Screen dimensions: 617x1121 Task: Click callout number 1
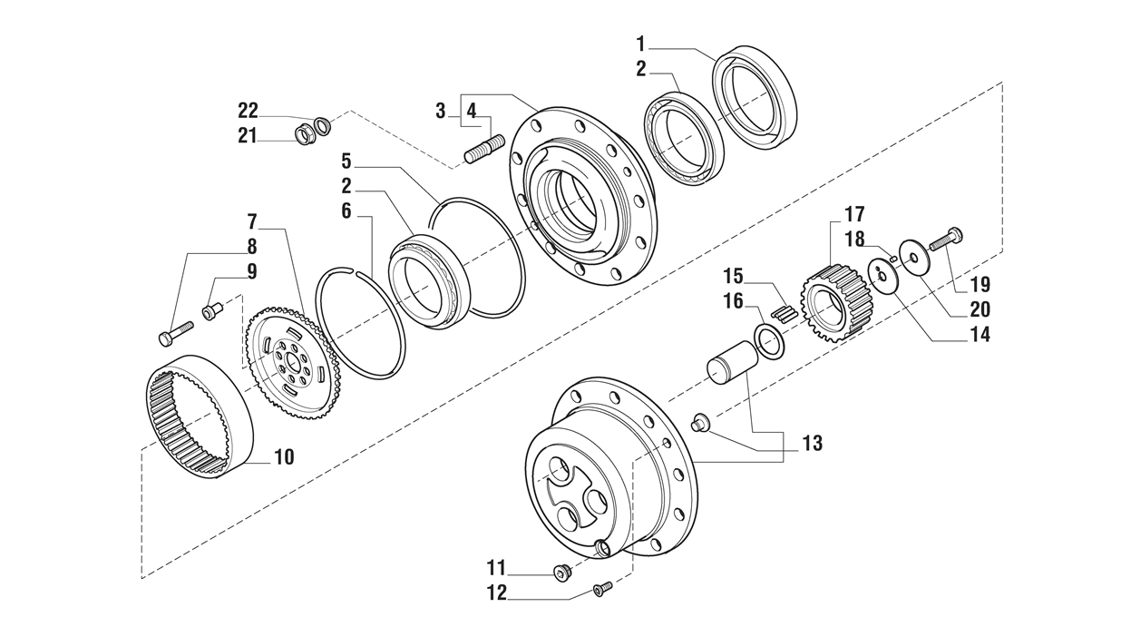point(641,43)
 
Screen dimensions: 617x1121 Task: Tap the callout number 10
point(284,457)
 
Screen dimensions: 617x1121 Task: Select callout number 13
point(812,443)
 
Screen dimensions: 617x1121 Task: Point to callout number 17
point(853,214)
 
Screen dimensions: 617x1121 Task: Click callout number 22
point(248,111)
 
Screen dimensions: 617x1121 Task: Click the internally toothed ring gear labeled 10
point(200,416)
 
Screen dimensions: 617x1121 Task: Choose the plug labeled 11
point(561,572)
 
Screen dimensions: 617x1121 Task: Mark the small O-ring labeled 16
point(768,344)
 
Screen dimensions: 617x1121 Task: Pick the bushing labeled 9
point(212,312)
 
